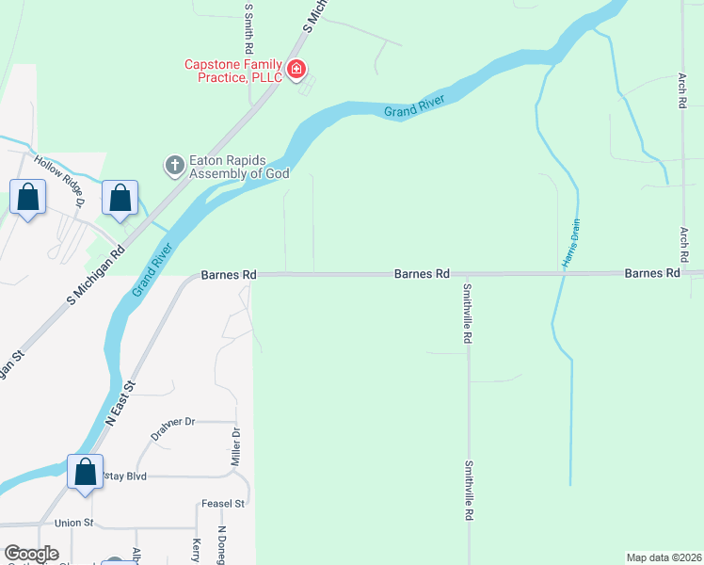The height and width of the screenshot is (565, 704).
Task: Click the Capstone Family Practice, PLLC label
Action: coord(233,70)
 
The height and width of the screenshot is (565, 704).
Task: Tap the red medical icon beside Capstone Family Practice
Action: coord(296,69)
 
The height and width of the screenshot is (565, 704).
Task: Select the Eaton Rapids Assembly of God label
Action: coord(239,167)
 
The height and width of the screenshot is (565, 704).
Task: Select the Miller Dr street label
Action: coord(236,448)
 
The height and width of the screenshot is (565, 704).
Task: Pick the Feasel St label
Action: coord(223,504)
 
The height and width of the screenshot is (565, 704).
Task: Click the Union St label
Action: coord(75,523)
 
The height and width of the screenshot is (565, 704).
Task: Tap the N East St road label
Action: coord(120,403)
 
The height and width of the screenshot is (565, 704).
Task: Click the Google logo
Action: coord(32,554)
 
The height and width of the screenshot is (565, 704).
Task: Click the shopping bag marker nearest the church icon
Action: coord(120,199)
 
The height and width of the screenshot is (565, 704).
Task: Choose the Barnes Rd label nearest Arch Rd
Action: coord(652,273)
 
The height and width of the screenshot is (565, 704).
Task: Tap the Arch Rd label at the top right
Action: coord(682,89)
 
